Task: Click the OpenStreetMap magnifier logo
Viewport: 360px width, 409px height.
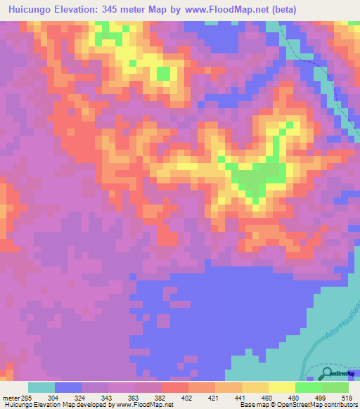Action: pos(327,374)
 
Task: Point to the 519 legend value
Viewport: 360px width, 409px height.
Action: pos(346,397)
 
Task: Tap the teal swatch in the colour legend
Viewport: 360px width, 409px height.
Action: pos(41,387)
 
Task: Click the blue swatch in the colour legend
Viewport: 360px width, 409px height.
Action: pos(68,387)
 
